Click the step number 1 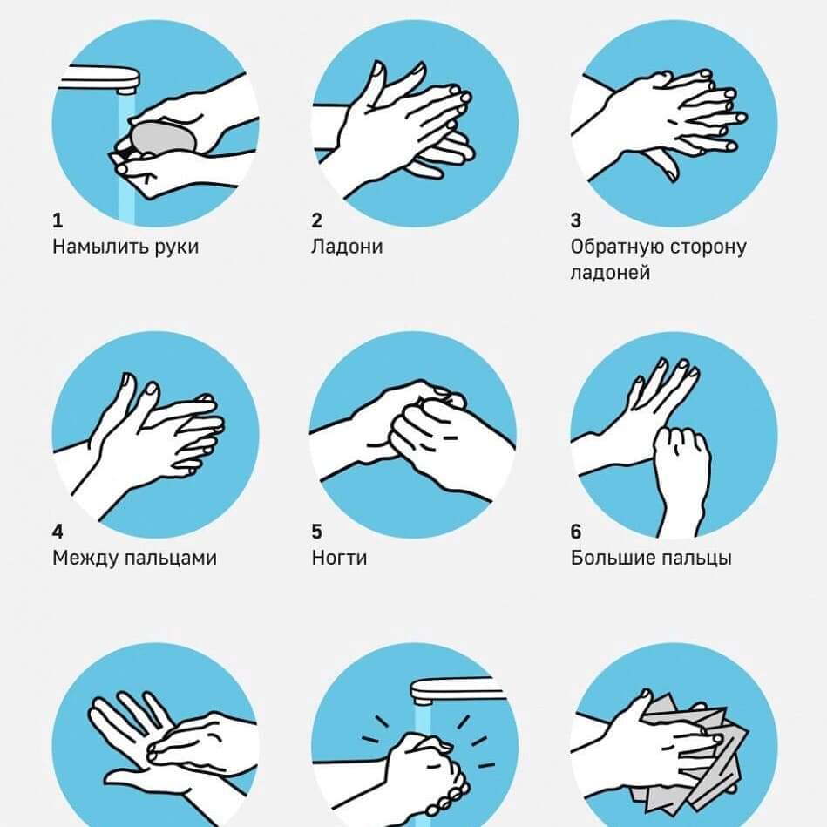[58, 220]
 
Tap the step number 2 [316, 220]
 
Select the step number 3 [576, 220]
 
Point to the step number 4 [58, 531]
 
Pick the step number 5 [316, 531]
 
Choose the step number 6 [576, 531]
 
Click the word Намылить [99, 247]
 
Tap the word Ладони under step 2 [347, 247]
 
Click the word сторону [703, 247]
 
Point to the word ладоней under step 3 [610, 272]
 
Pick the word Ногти [339, 558]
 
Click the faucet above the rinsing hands [458, 690]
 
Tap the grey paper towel [702, 760]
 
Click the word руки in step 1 [177, 247]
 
